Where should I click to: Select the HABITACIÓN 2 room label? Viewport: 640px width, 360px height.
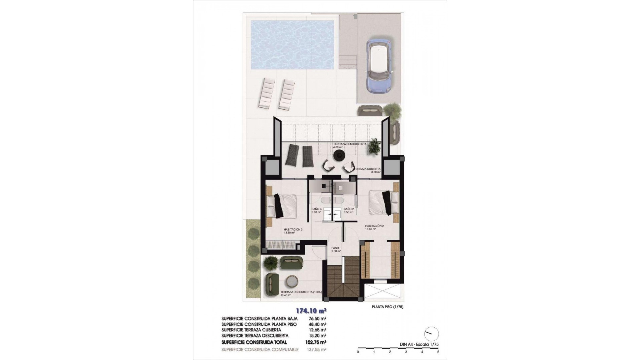pyautogui.click(x=374, y=226)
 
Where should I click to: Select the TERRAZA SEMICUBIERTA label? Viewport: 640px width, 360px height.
pyautogui.click(x=349, y=144)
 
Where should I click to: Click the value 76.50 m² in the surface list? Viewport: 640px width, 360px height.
pyautogui.click(x=317, y=319)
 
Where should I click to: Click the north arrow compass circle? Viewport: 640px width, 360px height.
pyautogui.click(x=432, y=334)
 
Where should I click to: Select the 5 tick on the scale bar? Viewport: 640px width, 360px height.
pyautogui.click(x=438, y=352)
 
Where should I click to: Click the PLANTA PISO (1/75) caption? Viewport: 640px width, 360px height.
pyautogui.click(x=387, y=307)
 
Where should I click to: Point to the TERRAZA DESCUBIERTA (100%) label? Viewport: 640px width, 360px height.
pyautogui.click(x=301, y=292)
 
